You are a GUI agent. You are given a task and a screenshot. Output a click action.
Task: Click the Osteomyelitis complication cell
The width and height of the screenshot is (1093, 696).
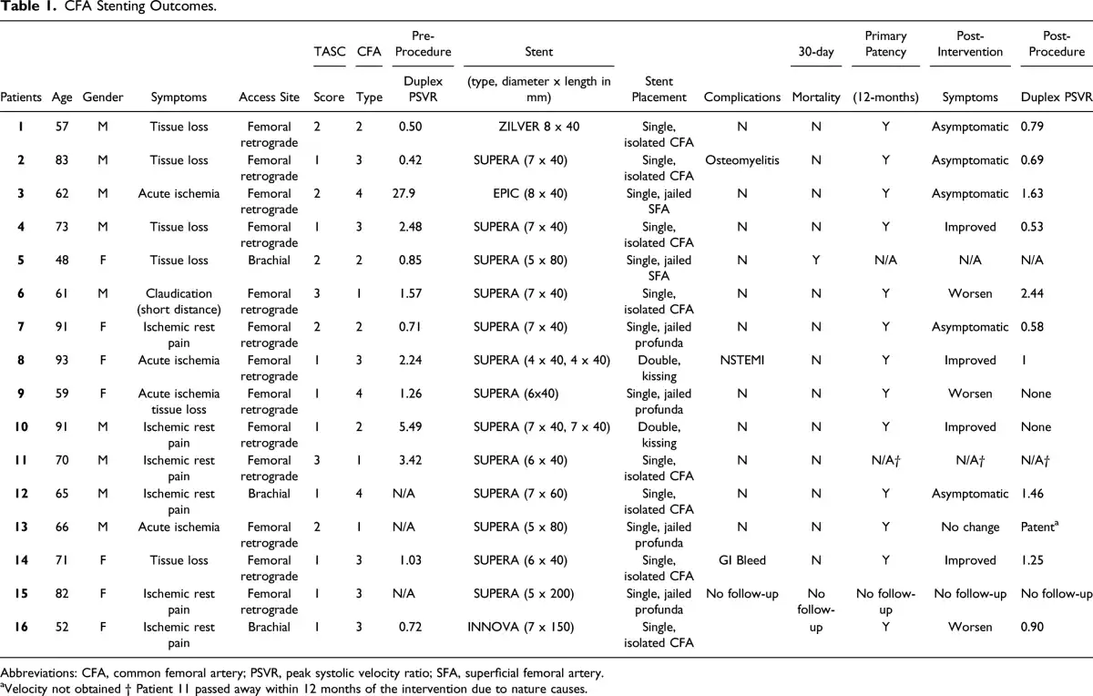(x=741, y=160)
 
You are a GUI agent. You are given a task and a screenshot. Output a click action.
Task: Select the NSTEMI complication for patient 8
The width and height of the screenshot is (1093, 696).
(x=741, y=360)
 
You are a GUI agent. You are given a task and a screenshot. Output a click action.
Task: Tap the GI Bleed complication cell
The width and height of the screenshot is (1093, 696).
(x=741, y=560)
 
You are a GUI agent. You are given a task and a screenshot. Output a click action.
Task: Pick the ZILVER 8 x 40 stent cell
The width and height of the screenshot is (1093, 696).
(x=538, y=127)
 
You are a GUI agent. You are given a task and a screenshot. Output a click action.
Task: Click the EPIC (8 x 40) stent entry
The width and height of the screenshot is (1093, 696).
(x=530, y=194)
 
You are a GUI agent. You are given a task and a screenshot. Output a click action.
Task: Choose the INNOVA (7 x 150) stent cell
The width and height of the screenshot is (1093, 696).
(x=520, y=627)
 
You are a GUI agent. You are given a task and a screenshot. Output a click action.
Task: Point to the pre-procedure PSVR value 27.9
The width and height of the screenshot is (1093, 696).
(x=403, y=194)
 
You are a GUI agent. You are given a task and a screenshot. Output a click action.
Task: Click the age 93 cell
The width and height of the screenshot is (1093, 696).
(x=62, y=360)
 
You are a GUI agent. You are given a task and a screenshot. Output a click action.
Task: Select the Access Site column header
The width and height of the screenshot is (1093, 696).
(x=269, y=97)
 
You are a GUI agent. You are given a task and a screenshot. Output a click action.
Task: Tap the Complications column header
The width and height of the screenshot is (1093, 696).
(x=741, y=97)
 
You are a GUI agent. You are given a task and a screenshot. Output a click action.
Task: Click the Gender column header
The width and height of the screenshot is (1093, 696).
(x=102, y=97)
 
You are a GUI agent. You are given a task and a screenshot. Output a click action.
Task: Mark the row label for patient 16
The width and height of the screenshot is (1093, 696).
(x=20, y=627)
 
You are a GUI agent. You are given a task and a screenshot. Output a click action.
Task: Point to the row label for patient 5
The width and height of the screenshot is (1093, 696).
(x=20, y=261)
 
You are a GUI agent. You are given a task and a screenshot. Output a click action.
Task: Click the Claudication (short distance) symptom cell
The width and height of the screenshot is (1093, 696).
(x=179, y=302)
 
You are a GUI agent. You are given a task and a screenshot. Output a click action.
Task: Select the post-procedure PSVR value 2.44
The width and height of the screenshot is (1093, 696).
(x=1031, y=294)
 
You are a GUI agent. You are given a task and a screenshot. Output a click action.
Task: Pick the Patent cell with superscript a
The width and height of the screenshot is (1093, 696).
(x=1039, y=527)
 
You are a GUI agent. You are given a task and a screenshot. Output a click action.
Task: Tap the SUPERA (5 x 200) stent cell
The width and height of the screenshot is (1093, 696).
(x=524, y=594)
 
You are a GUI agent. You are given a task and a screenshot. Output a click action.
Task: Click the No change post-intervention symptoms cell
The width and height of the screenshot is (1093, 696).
(x=969, y=527)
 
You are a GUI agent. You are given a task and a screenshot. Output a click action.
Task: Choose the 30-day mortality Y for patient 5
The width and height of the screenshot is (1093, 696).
(x=816, y=261)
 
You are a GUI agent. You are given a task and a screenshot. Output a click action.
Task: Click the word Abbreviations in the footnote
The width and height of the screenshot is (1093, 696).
(x=38, y=673)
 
